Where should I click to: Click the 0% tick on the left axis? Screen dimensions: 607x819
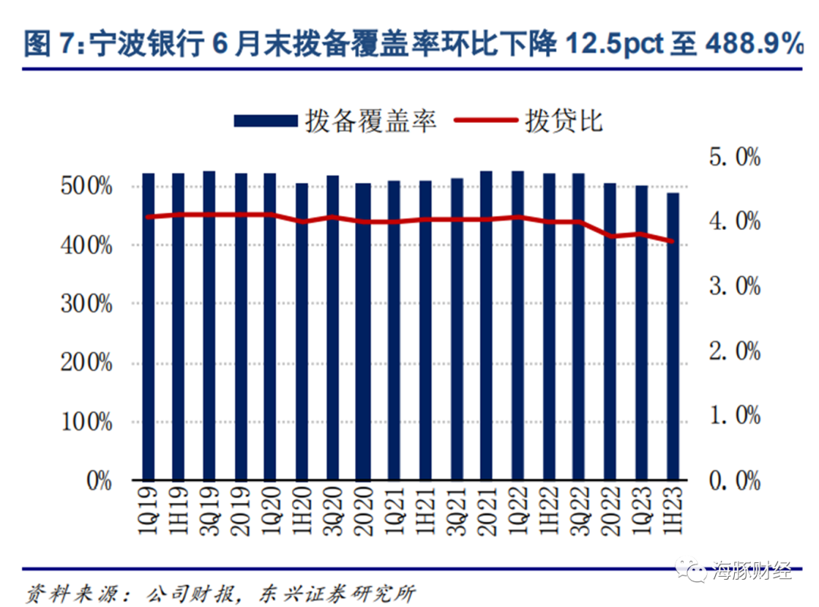(99, 480)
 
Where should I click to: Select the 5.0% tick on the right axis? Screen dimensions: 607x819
(733, 158)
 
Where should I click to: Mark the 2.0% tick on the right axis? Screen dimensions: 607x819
(733, 351)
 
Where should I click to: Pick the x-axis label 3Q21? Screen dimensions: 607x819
(457, 510)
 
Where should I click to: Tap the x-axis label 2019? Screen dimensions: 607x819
(240, 510)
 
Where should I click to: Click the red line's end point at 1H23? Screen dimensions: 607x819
(672, 242)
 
